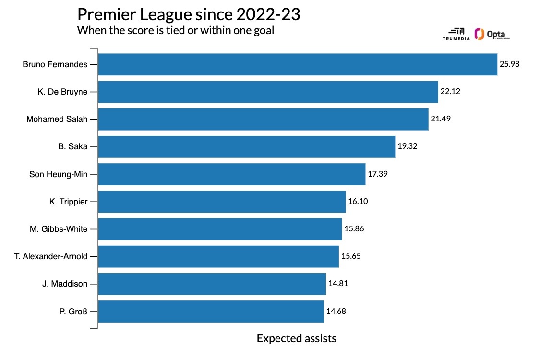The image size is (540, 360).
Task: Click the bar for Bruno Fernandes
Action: [x=298, y=64]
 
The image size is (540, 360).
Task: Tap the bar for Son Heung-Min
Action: [x=232, y=174]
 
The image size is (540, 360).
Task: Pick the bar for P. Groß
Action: [x=211, y=311]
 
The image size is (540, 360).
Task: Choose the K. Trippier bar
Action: [x=222, y=202]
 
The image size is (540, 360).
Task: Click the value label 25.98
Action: [x=510, y=64]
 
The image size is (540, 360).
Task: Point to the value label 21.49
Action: [x=441, y=119]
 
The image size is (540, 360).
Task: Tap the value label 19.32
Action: [x=408, y=146]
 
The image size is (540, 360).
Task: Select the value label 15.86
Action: [x=354, y=229]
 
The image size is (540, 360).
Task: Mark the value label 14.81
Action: [x=338, y=284]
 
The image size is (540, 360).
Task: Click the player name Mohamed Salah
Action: [x=57, y=119]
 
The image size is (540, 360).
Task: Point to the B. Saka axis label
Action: [x=72, y=147]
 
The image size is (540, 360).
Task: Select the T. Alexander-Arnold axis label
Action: [x=51, y=256]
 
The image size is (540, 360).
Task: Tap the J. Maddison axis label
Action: [x=65, y=284]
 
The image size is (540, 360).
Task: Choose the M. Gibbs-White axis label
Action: [x=58, y=229]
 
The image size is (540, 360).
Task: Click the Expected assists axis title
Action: [x=296, y=338]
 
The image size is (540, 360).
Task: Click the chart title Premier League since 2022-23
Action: [x=189, y=14]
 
